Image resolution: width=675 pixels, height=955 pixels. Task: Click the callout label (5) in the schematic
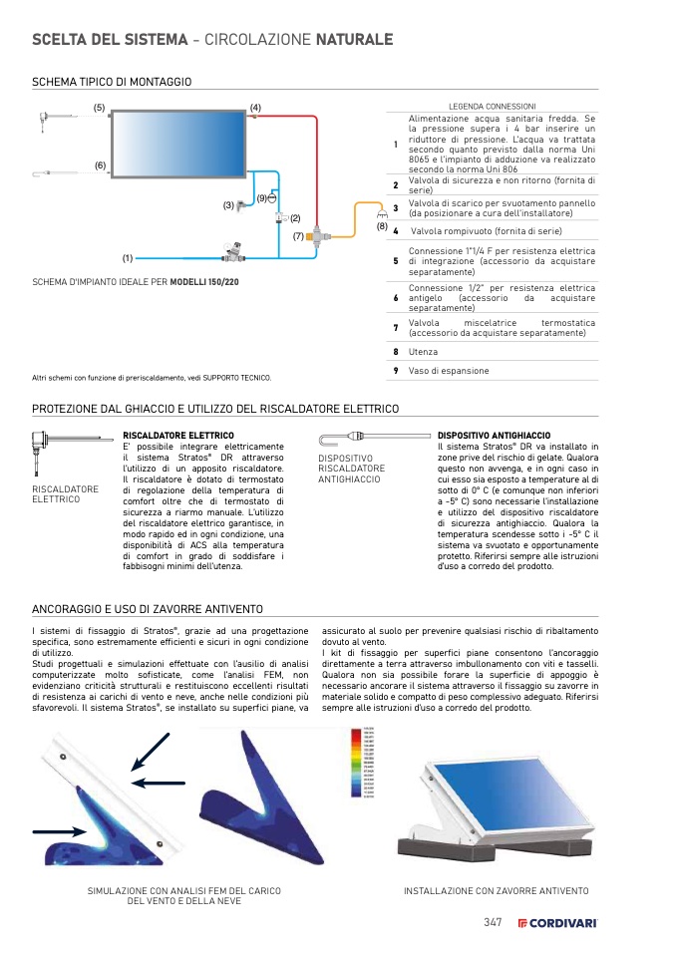tap(99, 107)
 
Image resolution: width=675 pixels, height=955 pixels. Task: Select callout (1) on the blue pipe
tap(128, 258)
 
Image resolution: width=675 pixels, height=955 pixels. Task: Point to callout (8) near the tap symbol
tap(382, 226)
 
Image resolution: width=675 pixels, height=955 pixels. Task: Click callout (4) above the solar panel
tap(255, 107)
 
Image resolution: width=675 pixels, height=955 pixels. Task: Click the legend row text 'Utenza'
tap(423, 352)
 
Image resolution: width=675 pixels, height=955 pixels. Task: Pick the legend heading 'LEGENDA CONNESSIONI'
tap(493, 106)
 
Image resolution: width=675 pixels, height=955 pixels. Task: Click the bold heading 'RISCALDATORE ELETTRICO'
tap(178, 436)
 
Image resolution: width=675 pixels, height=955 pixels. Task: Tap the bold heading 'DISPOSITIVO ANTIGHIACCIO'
tap(494, 436)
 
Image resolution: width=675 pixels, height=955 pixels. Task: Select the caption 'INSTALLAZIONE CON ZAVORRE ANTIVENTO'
tap(496, 890)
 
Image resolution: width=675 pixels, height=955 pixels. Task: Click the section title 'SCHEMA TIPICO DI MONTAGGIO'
tap(112, 81)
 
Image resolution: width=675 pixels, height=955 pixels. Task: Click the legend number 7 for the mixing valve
tap(396, 327)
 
